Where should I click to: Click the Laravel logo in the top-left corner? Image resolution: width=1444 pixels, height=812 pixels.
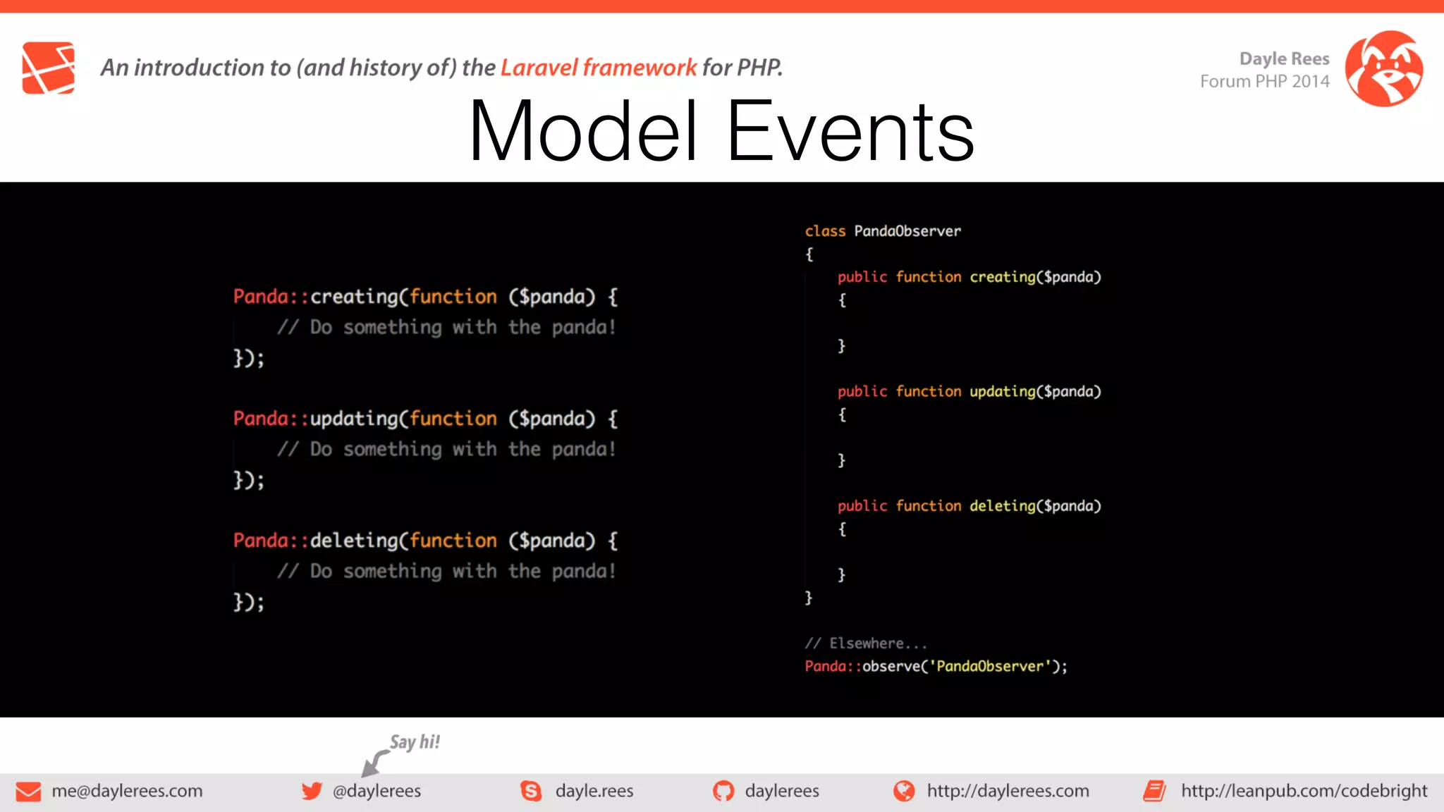(48, 68)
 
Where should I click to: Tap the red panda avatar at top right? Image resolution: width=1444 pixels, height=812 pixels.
(1383, 68)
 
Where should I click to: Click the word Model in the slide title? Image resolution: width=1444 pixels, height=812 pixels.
(584, 132)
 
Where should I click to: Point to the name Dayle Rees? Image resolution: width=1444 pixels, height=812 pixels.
(1284, 59)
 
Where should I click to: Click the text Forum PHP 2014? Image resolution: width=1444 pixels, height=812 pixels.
(1264, 82)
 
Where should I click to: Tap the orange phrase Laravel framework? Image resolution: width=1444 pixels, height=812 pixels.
(598, 68)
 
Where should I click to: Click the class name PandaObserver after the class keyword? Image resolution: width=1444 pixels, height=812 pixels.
(907, 231)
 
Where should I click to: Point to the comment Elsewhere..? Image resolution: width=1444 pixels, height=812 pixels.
(866, 644)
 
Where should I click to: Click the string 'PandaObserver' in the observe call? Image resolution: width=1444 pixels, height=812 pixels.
(989, 667)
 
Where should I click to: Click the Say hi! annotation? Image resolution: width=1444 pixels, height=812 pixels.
(415, 742)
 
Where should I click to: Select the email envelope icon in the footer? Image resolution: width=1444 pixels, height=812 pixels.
(28, 792)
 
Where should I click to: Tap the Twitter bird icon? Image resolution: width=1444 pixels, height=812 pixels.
(312, 791)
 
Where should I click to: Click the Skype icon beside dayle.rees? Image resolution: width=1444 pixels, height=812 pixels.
(531, 791)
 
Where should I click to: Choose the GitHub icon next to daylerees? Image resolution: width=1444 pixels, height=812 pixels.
(723, 791)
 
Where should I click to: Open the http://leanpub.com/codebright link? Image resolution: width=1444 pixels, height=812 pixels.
(1304, 791)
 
